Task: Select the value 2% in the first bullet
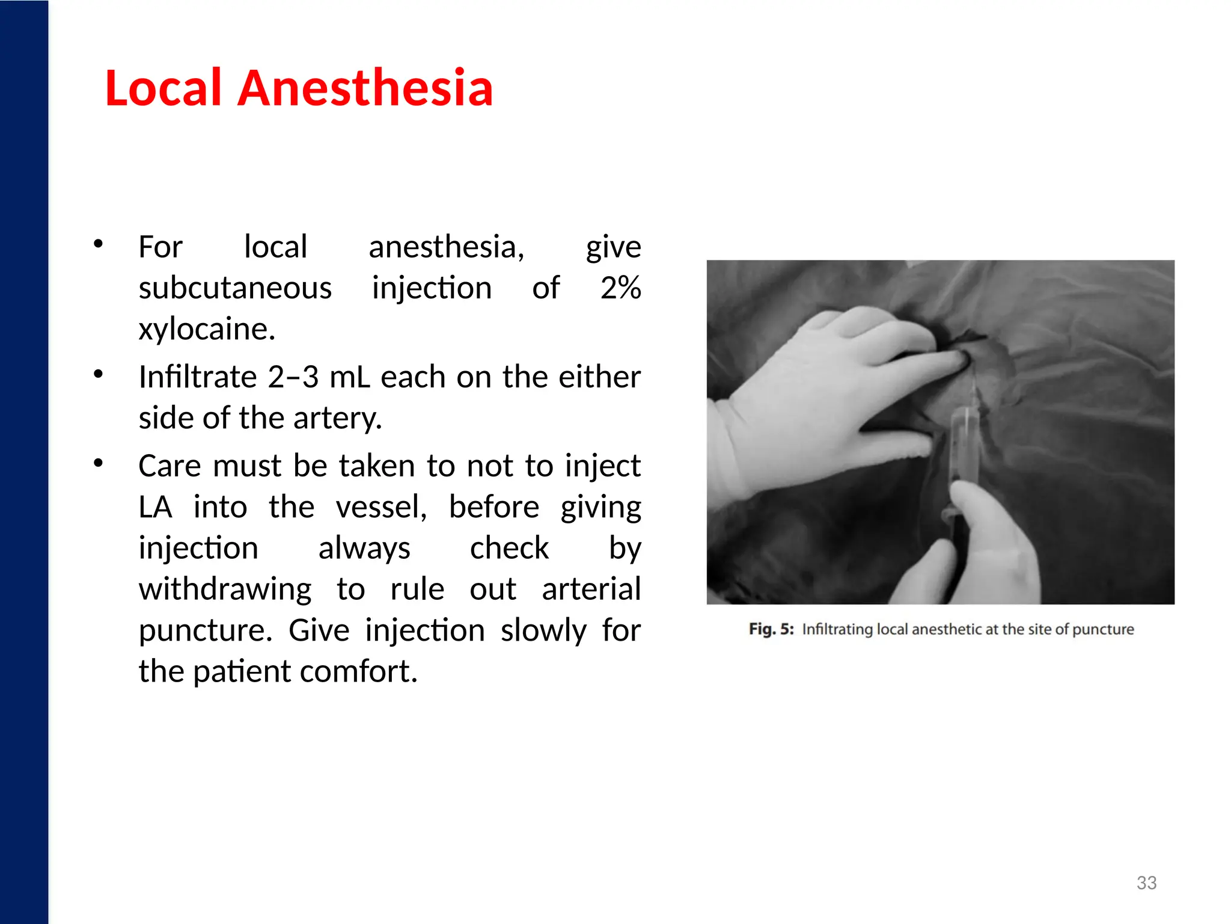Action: (620, 288)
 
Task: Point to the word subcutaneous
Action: (235, 288)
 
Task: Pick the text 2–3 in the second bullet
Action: (293, 377)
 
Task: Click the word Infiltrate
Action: (198, 377)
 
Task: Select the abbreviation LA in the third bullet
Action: (155, 507)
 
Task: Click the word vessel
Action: (381, 507)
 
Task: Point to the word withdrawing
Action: (225, 589)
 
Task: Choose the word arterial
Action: (591, 589)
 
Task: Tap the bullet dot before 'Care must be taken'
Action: (99, 463)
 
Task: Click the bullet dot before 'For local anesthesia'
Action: (99, 244)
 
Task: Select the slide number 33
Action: (1146, 882)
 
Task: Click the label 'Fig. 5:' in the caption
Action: (771, 629)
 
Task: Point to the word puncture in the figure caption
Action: (1103, 629)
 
